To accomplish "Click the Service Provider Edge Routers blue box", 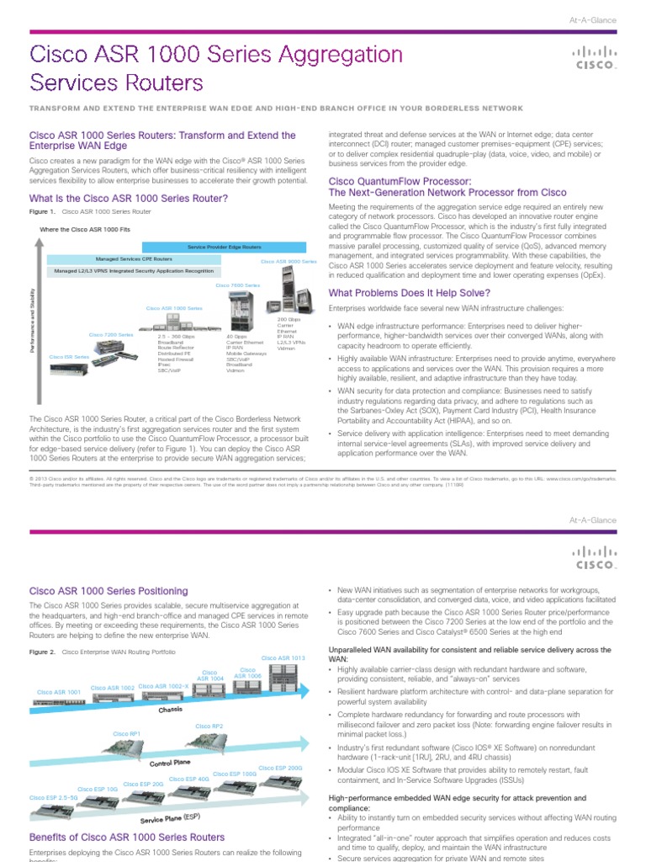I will coord(224,247).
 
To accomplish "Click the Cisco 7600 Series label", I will coord(238,285).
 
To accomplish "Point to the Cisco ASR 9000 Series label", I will coord(289,262).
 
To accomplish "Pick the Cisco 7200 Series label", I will coord(111,334).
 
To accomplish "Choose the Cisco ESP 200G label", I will coord(281,768).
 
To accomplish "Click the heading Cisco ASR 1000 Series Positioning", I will coord(109,591).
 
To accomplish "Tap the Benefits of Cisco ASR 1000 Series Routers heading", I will coord(127,837).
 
